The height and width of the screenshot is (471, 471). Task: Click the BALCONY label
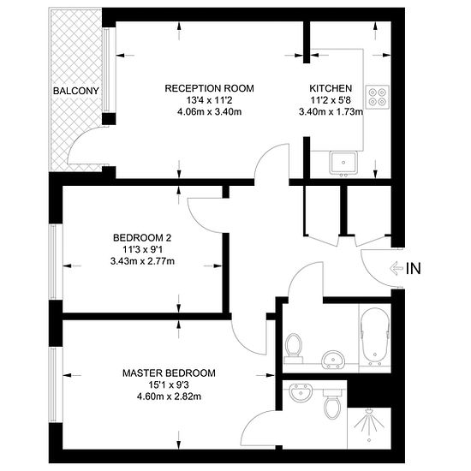(76, 91)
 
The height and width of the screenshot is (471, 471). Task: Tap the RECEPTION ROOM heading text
(209, 88)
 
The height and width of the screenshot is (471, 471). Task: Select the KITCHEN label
(331, 88)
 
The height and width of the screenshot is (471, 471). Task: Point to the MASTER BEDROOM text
(169, 373)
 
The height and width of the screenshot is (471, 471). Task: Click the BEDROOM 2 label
(142, 238)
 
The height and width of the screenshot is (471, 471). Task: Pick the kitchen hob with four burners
(378, 97)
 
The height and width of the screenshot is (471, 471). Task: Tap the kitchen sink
(343, 163)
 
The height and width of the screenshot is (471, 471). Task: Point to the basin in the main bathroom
(333, 359)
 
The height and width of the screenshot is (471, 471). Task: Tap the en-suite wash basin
(299, 392)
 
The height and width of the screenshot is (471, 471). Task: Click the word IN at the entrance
(414, 268)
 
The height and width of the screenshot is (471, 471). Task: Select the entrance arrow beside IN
(396, 268)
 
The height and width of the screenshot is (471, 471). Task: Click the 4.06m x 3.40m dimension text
(209, 112)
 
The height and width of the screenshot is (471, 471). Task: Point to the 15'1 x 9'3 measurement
(169, 385)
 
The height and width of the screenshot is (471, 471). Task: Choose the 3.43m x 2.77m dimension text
(142, 261)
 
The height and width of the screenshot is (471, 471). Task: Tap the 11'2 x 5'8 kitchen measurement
(331, 100)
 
